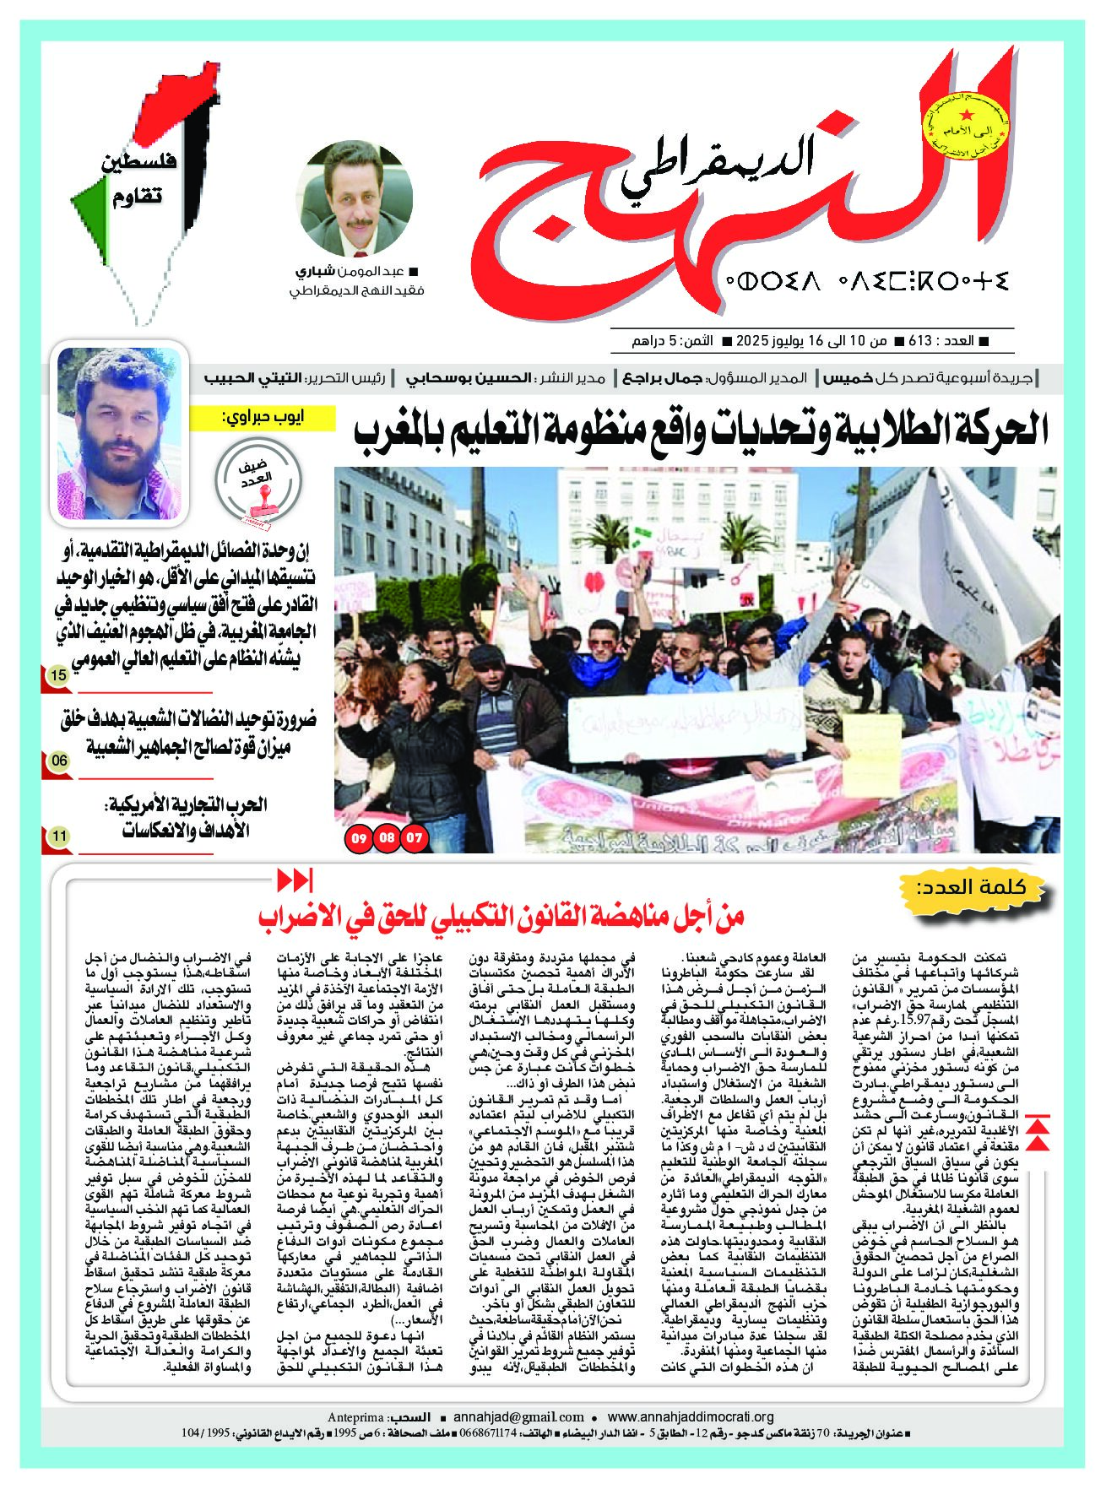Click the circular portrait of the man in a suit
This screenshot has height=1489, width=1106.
click(x=357, y=200)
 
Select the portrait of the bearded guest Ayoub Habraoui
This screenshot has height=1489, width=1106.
click(x=120, y=434)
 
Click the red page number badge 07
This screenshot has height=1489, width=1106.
click(x=415, y=838)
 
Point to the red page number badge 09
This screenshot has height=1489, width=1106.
click(x=359, y=838)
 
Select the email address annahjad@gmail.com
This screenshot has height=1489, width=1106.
click(x=518, y=1417)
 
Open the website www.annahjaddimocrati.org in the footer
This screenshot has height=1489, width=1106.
click(x=691, y=1417)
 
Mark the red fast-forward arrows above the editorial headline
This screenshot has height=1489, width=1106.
click(x=295, y=880)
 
